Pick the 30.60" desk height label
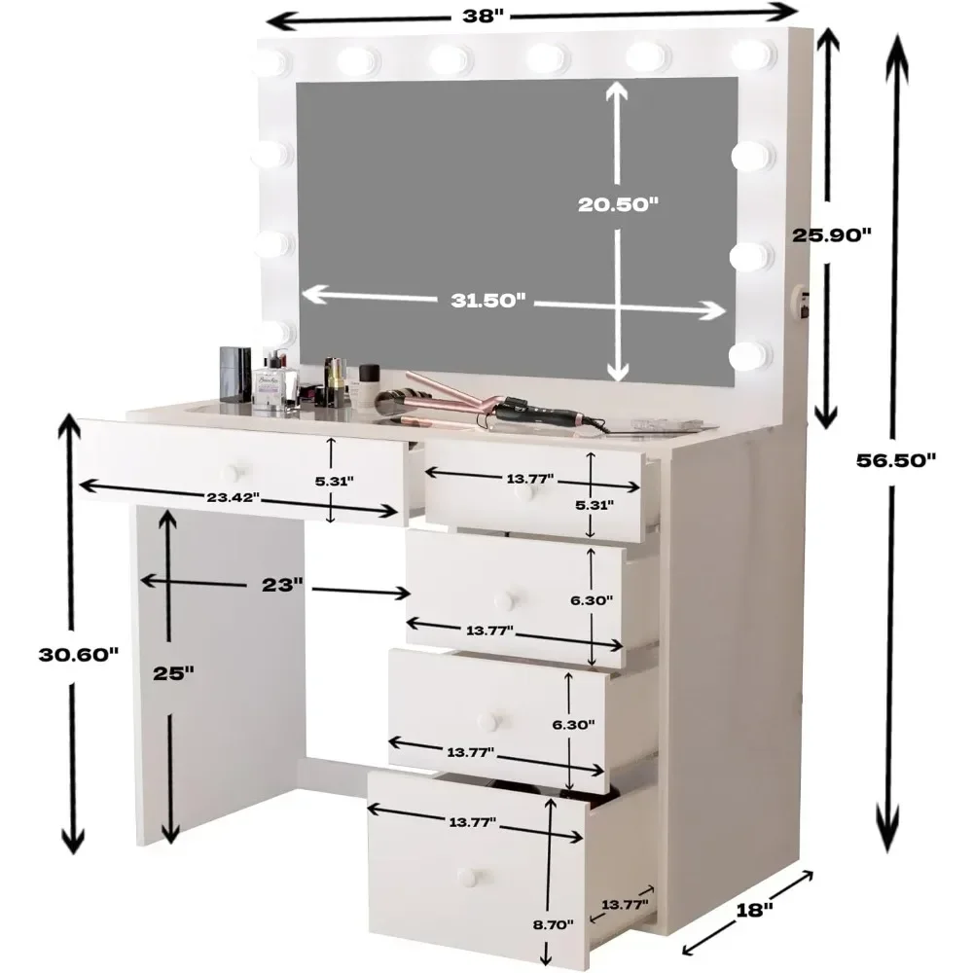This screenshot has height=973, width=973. point(79,653)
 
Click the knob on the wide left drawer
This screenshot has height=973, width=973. point(230,473)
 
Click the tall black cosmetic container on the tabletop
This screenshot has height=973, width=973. point(231,375)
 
